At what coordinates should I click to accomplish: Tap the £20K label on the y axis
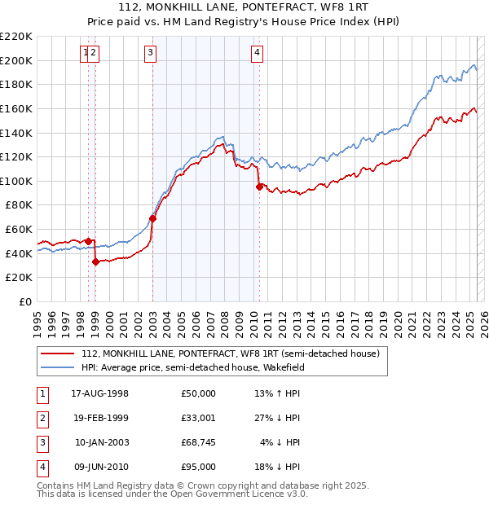[x=20, y=278]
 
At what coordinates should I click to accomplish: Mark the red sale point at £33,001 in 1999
[x=96, y=261]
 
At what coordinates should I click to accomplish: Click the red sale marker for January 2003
[x=152, y=218]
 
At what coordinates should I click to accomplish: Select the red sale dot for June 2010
[x=259, y=187]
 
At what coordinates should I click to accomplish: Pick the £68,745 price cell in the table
[x=198, y=442]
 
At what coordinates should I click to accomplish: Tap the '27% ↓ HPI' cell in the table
[x=277, y=418]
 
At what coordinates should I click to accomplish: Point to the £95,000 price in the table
[x=198, y=467]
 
